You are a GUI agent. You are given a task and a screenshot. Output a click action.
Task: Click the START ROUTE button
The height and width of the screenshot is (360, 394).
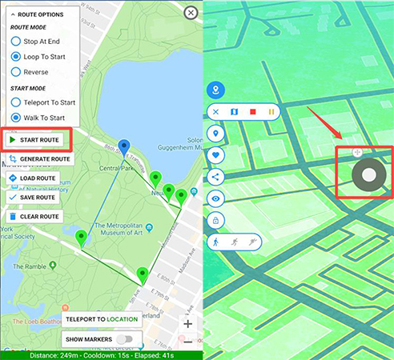[x=36, y=140]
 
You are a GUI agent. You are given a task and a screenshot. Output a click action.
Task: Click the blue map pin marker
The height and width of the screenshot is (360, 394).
[x=123, y=146]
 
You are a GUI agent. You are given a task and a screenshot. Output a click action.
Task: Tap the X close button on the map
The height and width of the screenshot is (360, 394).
[x=190, y=12]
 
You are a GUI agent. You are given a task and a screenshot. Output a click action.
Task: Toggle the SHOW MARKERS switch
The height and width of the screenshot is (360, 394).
[x=124, y=339]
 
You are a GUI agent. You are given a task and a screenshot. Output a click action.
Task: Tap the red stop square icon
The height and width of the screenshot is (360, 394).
[x=253, y=112]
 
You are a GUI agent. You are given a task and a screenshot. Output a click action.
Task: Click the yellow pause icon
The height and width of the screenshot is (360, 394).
[x=271, y=112]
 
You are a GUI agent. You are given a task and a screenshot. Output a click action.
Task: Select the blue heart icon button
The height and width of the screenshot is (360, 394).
[x=215, y=154]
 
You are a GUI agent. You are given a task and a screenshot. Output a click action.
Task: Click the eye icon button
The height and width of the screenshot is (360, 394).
[x=215, y=198]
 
